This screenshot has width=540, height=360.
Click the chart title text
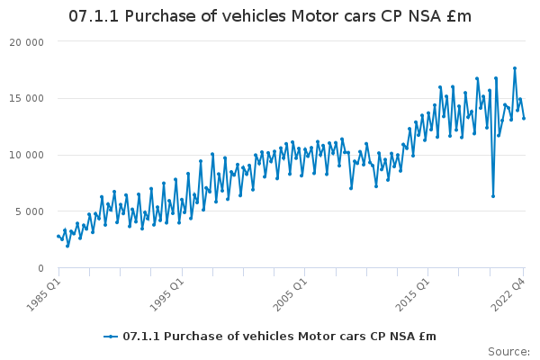point(270,16)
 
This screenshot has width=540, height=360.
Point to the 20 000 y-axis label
point(26,42)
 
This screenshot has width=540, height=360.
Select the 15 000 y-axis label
point(26,98)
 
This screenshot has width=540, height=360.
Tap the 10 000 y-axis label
point(26,155)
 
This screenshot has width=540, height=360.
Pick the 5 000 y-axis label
point(30,211)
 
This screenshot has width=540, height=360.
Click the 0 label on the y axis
point(41,268)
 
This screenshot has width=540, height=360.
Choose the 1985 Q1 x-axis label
point(44,294)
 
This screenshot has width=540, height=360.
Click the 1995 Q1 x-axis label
point(167,294)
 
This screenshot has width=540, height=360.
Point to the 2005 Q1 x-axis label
point(291,294)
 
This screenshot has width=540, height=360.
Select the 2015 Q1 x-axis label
point(413,294)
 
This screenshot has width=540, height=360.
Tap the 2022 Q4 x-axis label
point(508,294)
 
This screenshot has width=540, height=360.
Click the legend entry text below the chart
point(279,337)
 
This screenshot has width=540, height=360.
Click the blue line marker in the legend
point(111,337)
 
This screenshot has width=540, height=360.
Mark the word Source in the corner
point(508,352)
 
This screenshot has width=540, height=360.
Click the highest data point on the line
point(515,68)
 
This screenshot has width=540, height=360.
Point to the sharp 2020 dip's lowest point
point(493,196)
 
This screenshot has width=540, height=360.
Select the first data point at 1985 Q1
point(58,236)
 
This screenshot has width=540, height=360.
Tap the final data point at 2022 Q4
point(524,118)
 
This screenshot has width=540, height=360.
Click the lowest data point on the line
point(67,246)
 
